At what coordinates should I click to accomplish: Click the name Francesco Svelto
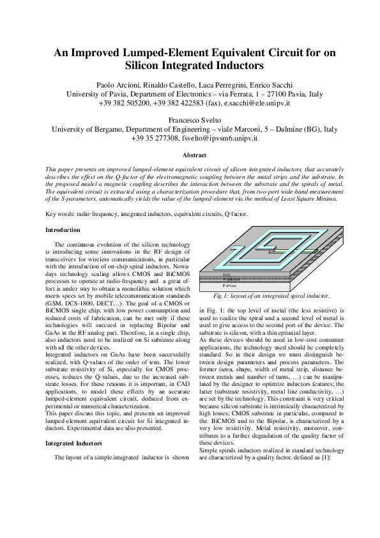pos(190,119)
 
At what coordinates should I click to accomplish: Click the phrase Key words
pos(60,214)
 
